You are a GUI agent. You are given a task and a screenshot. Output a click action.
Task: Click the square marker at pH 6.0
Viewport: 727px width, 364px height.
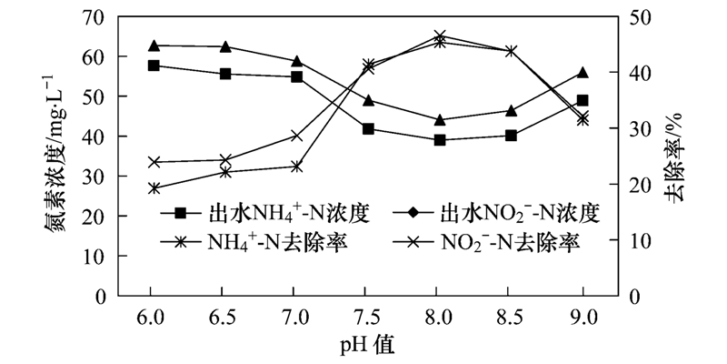tap(154, 66)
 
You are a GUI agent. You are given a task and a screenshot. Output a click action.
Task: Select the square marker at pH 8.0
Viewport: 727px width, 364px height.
tap(440, 140)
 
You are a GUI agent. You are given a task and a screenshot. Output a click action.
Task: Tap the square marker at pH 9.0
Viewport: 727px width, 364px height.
tap(583, 101)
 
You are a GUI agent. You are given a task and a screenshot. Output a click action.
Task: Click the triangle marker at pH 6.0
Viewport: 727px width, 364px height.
tap(154, 45)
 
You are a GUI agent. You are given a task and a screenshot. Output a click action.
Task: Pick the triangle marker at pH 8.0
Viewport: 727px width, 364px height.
tap(440, 119)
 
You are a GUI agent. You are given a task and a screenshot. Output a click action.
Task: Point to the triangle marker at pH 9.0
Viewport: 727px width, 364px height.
tap(583, 73)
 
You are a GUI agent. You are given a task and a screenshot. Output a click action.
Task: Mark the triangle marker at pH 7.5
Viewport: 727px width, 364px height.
tap(368, 100)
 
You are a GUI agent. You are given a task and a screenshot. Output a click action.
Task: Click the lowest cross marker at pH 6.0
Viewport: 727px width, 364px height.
tap(154, 188)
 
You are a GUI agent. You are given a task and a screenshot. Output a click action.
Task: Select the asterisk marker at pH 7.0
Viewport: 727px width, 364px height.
tap(296, 136)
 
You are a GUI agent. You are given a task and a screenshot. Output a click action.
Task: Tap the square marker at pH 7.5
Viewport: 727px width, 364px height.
tap(368, 129)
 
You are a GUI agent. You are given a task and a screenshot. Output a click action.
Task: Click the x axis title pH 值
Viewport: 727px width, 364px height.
tap(368, 346)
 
